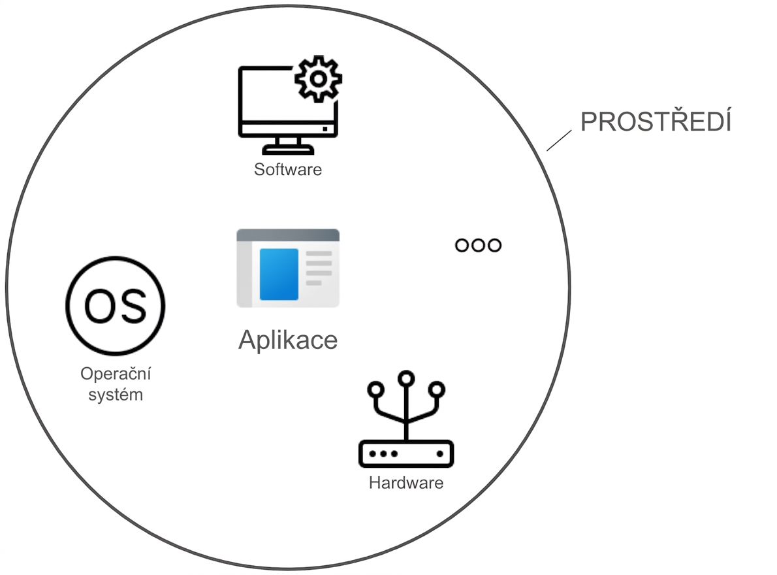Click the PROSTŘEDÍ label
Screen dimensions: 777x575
pos(656,122)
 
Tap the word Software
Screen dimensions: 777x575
pos(288,169)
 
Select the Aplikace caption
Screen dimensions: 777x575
pos(288,340)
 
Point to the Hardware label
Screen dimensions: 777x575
pos(406,483)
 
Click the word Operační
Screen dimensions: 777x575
pos(116,374)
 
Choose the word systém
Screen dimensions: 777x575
pos(116,395)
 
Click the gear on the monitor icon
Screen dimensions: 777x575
pos(318,79)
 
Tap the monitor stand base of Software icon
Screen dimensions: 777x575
pos(288,149)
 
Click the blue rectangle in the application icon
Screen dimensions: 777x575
pos(279,274)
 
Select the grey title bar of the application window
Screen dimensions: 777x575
pos(288,235)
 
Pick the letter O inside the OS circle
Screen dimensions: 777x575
pos(100,306)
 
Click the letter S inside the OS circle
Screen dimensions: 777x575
pos(133,306)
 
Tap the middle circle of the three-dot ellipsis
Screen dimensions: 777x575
pos(478,245)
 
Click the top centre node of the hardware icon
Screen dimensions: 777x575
pos(406,379)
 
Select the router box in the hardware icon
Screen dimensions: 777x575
pos(406,453)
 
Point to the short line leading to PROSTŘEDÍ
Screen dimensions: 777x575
pos(559,140)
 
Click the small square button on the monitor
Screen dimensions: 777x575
pos(325,129)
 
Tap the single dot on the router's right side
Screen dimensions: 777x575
pos(439,453)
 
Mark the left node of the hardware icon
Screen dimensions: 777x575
pos(375,389)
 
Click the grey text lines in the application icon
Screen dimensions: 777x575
pos(319,268)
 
